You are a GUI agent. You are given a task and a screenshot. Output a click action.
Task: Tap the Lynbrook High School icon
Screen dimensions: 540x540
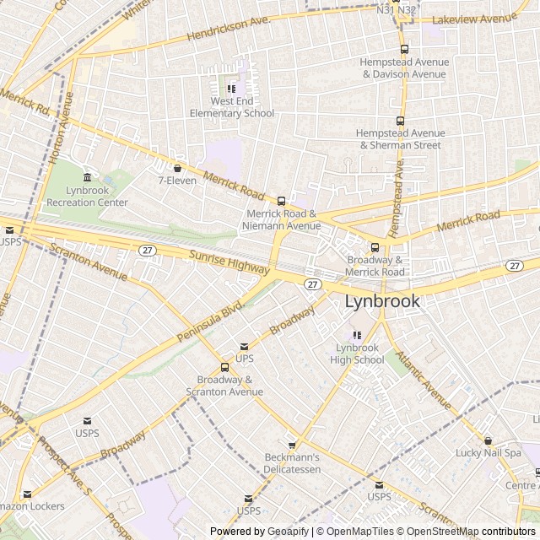pyautogui.click(x=359, y=334)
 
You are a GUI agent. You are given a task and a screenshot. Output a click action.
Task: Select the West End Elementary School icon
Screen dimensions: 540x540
pyautogui.click(x=231, y=88)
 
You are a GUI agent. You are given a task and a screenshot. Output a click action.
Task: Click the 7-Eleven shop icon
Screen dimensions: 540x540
pyautogui.click(x=177, y=167)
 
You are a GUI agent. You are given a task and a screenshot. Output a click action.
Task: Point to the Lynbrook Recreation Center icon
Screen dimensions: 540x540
pyautogui.click(x=88, y=177)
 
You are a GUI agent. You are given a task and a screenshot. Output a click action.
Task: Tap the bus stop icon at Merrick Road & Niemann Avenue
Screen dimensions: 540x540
pyautogui.click(x=281, y=201)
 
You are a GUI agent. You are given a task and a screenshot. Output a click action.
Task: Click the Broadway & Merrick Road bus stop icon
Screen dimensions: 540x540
pyautogui.click(x=375, y=247)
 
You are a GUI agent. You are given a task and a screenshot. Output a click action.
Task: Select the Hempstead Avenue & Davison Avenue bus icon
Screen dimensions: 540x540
pyautogui.click(x=404, y=49)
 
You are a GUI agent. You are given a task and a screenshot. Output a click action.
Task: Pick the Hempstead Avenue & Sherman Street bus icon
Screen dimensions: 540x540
pyautogui.click(x=400, y=120)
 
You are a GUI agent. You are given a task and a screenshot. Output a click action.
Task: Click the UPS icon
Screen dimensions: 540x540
pyautogui.click(x=245, y=346)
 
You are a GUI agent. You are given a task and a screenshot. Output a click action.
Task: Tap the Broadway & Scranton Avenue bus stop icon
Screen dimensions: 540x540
pyautogui.click(x=224, y=367)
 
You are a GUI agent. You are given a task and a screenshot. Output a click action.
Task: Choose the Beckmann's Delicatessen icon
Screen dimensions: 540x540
pyautogui.click(x=293, y=445)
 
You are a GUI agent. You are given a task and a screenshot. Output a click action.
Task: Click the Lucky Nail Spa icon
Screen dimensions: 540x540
pyautogui.click(x=488, y=440)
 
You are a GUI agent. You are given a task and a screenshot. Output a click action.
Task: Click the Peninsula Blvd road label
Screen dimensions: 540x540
pyautogui.click(x=209, y=321)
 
